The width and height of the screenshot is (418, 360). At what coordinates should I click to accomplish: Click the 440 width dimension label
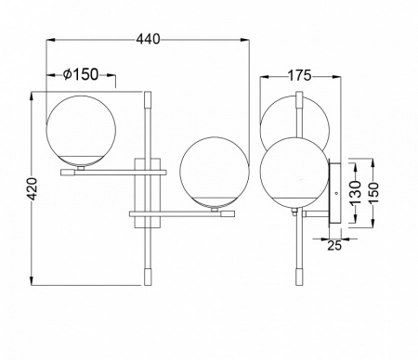(149, 39)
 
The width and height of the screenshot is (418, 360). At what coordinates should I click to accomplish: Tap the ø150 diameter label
(81, 74)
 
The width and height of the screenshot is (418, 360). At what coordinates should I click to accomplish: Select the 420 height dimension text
(33, 188)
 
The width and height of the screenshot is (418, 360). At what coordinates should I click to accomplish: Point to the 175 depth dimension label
(299, 75)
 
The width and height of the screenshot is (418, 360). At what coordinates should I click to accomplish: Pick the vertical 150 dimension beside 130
(373, 192)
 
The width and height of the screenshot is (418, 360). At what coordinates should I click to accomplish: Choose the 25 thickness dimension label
(334, 246)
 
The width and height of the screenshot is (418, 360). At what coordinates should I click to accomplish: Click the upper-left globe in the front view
(81, 131)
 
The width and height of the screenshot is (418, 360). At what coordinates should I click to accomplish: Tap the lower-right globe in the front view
(215, 173)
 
